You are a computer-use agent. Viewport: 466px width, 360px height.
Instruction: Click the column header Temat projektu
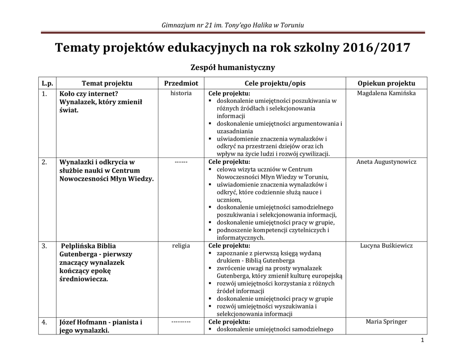(107, 83)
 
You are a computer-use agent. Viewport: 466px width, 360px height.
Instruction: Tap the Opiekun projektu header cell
(386, 83)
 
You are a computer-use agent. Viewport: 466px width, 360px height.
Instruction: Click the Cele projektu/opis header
(275, 83)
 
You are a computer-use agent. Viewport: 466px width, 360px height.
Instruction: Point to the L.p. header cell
(47, 83)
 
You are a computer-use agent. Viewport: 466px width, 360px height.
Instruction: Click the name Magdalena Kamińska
(386, 93)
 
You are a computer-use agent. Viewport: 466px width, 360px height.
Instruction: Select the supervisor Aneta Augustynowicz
(386, 162)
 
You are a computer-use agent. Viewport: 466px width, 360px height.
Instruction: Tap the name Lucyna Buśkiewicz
(386, 246)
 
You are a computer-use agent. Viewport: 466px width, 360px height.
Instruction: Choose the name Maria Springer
(386, 322)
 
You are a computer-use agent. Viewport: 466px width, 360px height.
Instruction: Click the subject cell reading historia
(181, 93)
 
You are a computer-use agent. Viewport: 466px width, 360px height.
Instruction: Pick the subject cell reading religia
(181, 246)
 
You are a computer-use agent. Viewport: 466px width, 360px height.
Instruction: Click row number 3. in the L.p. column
(45, 246)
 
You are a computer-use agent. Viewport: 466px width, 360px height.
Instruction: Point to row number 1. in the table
(45, 94)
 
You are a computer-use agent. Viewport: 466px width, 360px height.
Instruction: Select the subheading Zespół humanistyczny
(233, 68)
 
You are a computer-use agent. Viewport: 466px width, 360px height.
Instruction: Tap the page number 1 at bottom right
(422, 341)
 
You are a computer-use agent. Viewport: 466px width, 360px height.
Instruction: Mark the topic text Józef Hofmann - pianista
(101, 322)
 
